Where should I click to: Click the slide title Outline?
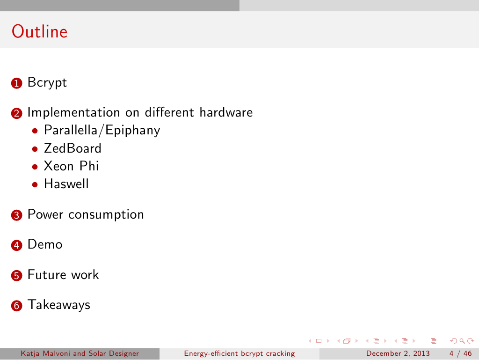pyautogui.click(x=39, y=31)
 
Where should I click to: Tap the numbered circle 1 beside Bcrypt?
pyautogui.click(x=16, y=83)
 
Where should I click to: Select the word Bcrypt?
pyautogui.click(x=47, y=82)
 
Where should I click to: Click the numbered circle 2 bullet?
pyautogui.click(x=16, y=113)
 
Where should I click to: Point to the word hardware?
pyautogui.click(x=226, y=112)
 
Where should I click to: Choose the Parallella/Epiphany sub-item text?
pyautogui.click(x=102, y=130)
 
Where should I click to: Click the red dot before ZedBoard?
pyautogui.click(x=35, y=149)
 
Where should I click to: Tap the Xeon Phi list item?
pyautogui.click(x=71, y=166)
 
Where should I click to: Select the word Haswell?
pyautogui.click(x=66, y=184)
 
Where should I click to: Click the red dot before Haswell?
pyautogui.click(x=35, y=185)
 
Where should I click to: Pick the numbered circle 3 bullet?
pyautogui.click(x=16, y=215)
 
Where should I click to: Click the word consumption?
pyautogui.click(x=106, y=215)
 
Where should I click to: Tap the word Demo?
pyautogui.click(x=45, y=244)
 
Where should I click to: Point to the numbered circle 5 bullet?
pyautogui.click(x=16, y=275)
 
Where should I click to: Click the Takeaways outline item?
pyautogui.click(x=59, y=305)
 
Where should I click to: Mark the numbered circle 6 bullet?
pyautogui.click(x=16, y=306)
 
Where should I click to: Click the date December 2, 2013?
pyautogui.click(x=398, y=353)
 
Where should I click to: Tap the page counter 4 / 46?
pyautogui.click(x=460, y=353)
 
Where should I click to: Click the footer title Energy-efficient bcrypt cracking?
pyautogui.click(x=239, y=353)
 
